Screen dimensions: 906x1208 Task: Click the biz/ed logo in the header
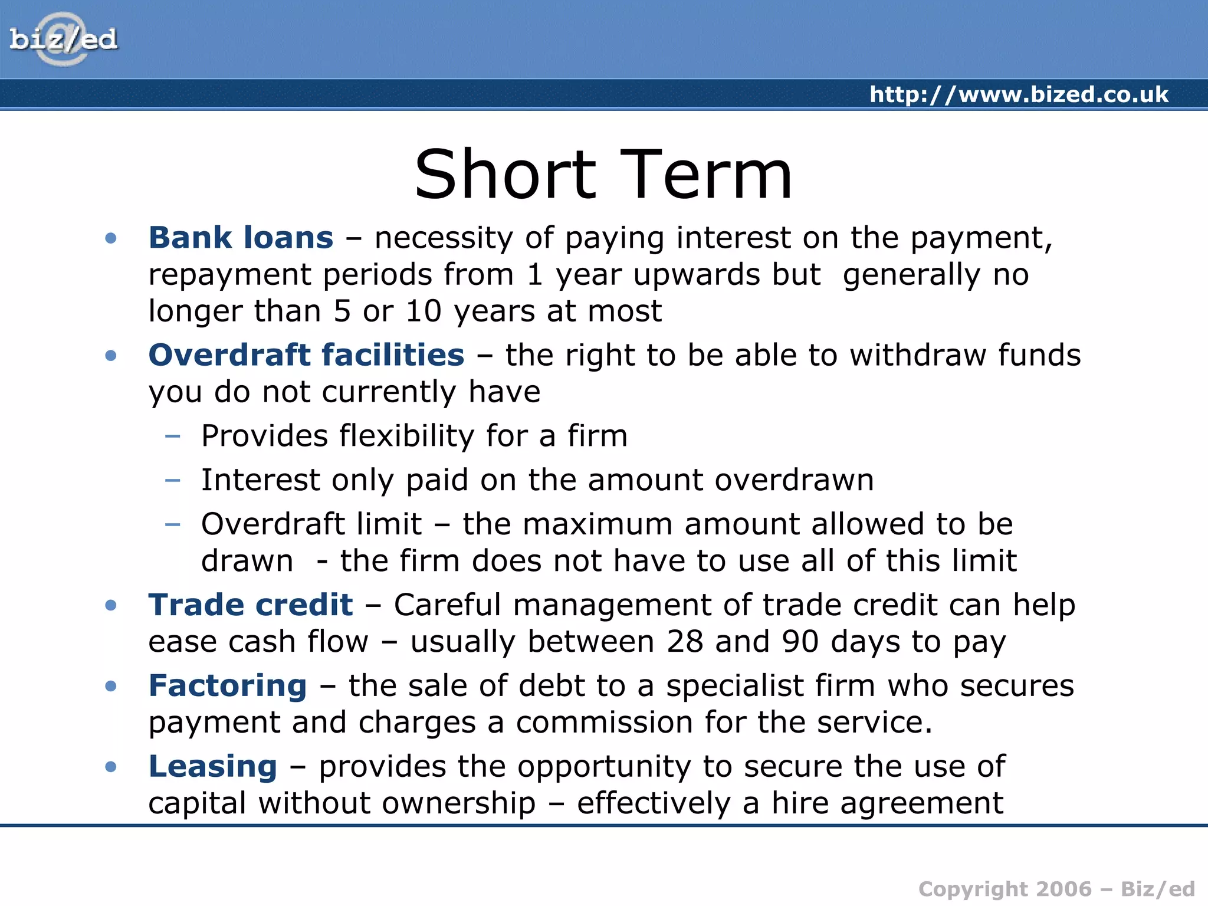click(x=63, y=40)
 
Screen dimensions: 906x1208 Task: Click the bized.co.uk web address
click(x=1019, y=94)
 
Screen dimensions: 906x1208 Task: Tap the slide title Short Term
click(x=603, y=175)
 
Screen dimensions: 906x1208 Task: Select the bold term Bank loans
click(x=241, y=238)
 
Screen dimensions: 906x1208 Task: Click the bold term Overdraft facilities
click(x=306, y=355)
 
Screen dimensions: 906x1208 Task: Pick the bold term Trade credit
click(x=251, y=605)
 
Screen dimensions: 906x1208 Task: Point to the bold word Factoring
click(x=228, y=686)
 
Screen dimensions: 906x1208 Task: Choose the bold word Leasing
click(x=212, y=766)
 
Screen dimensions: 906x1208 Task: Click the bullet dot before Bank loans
click(x=111, y=238)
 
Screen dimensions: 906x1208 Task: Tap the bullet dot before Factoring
click(x=111, y=686)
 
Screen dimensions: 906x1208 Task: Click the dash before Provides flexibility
click(x=173, y=436)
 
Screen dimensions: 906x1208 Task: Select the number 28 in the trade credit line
click(x=685, y=642)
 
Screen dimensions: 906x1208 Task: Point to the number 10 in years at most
click(x=424, y=311)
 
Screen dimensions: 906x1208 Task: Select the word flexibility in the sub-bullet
click(x=406, y=436)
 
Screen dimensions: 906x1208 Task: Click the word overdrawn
click(x=794, y=480)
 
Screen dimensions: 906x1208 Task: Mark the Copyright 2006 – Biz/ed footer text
click(x=1056, y=889)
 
